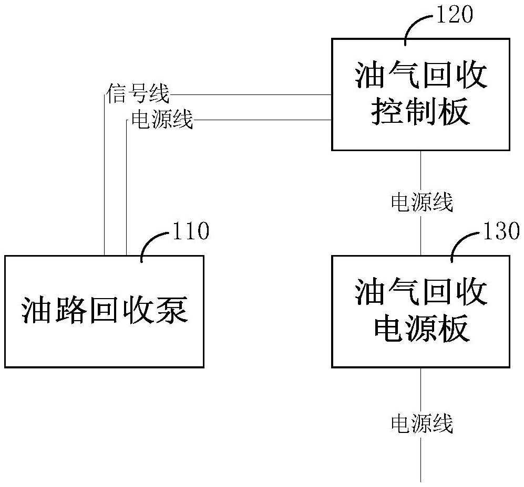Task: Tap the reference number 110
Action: tap(191, 231)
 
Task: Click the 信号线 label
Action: tap(138, 95)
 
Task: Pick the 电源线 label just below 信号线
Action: tap(162, 120)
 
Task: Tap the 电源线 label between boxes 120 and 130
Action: tap(422, 202)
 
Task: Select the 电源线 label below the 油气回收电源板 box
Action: tap(422, 424)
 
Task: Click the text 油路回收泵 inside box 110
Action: tap(105, 311)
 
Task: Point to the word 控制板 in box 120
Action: tap(420, 112)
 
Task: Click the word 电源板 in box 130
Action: tap(420, 330)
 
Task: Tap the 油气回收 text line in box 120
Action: tap(420, 77)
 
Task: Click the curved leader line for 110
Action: tap(153, 244)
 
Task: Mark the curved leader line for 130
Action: tap(464, 244)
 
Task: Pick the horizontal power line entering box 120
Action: tap(263, 120)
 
